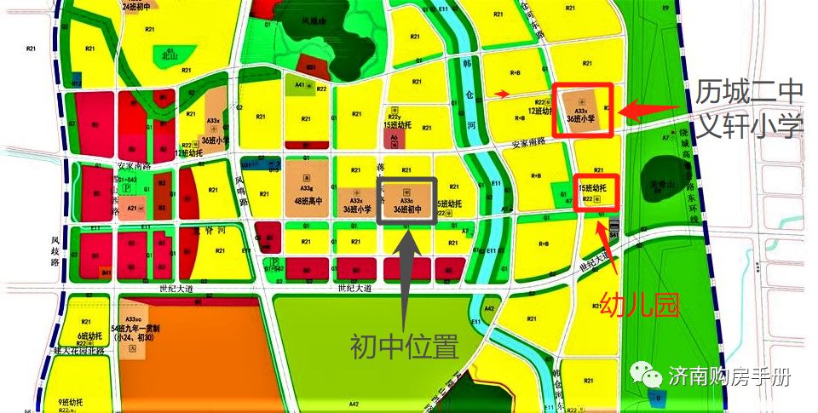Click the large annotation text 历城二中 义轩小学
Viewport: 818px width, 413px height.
[749, 109]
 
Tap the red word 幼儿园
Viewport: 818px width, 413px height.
[640, 304]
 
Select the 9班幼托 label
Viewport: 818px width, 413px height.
[70, 402]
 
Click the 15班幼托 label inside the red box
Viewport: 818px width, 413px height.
[591, 187]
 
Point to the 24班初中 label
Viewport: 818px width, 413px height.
[137, 6]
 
